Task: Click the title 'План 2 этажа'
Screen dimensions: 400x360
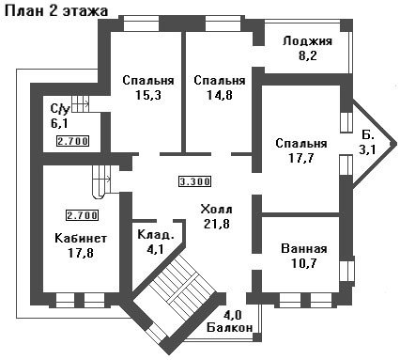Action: (56, 10)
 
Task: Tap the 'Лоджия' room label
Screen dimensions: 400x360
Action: (307, 41)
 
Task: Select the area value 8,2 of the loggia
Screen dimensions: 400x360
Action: (308, 55)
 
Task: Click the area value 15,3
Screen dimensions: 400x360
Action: (148, 95)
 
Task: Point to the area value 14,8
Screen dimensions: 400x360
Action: (220, 95)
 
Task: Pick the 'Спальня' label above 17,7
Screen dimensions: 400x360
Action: (301, 143)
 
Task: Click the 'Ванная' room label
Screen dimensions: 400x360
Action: (304, 249)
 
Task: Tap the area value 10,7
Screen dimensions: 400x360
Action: (304, 263)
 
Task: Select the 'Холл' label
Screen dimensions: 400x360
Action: (216, 209)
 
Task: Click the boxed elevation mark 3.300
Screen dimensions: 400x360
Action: (194, 181)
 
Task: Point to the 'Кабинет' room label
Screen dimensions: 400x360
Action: (81, 238)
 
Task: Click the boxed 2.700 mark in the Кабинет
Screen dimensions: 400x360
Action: (82, 215)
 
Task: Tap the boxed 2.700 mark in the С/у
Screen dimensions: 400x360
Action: (72, 141)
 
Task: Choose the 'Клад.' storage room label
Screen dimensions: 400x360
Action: (156, 235)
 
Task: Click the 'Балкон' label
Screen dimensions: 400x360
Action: (230, 328)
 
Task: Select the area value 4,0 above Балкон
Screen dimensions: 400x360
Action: (234, 315)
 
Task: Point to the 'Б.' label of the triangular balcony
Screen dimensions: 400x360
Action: (368, 134)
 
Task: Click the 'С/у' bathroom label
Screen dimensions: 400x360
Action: (59, 108)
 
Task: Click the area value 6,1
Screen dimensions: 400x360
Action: (59, 123)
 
